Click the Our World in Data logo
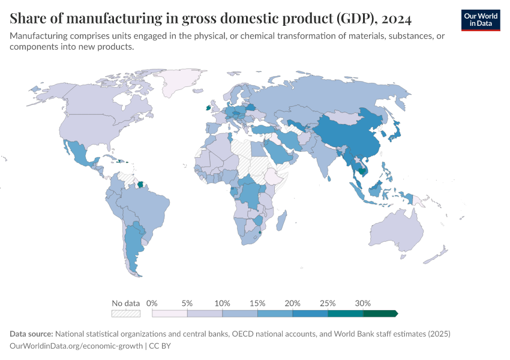[481, 20]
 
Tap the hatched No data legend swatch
[125, 313]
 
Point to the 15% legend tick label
[257, 303]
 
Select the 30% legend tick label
[363, 303]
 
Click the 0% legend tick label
[152, 303]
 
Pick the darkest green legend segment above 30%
[380, 313]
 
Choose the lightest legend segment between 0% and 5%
[170, 313]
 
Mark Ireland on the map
[208, 109]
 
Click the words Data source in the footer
[31, 334]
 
